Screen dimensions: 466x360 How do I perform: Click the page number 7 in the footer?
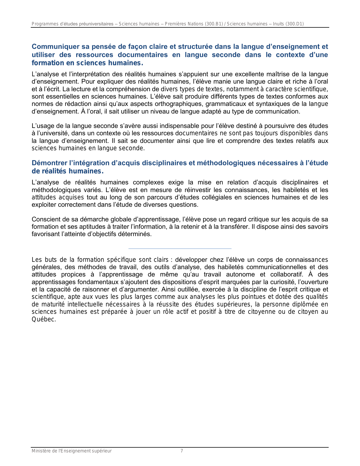(x=182, y=451)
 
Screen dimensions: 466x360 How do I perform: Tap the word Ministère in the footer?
(x=40, y=451)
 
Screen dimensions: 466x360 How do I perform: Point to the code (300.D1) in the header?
(x=295, y=24)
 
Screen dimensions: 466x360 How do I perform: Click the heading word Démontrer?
(x=49, y=163)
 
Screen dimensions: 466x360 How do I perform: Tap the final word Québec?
(x=44, y=319)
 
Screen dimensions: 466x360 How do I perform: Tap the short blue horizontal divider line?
(x=180, y=249)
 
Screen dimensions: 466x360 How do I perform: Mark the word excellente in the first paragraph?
(x=250, y=74)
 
